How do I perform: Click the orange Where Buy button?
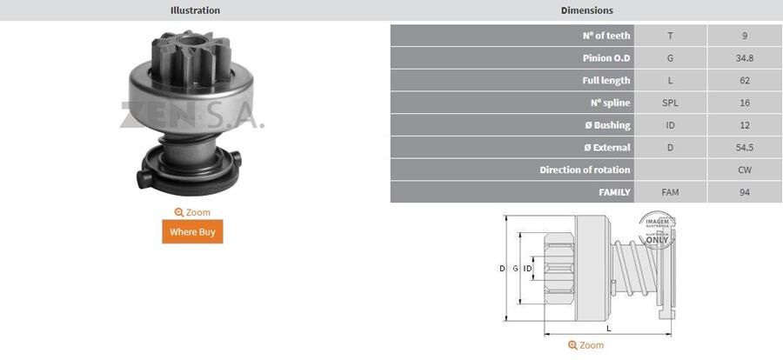(192, 232)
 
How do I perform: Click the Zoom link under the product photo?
(192, 212)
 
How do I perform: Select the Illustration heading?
(195, 10)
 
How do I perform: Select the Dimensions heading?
(586, 10)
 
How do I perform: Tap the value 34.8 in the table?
(744, 58)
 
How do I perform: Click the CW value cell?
(744, 170)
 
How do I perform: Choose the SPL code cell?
(670, 103)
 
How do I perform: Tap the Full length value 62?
(744, 80)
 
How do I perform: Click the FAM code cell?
(670, 192)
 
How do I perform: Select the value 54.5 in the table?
(744, 147)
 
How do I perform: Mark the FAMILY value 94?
(744, 192)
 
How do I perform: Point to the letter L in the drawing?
(609, 327)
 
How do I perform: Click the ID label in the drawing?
(527, 269)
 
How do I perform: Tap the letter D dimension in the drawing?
(502, 269)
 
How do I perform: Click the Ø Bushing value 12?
(744, 125)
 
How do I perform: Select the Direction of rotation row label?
(585, 170)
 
